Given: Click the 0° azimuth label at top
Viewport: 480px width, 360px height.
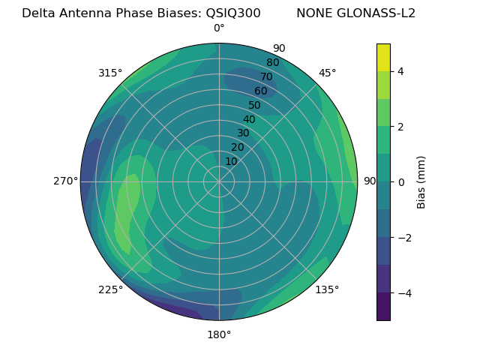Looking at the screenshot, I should (x=219, y=28).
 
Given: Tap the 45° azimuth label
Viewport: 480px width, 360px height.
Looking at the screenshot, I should (x=327, y=73).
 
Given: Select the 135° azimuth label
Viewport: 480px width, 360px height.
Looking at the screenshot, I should (x=327, y=289).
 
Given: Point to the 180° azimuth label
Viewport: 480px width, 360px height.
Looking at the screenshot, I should (x=219, y=334).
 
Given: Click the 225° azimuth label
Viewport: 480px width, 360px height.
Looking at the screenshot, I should (x=110, y=289).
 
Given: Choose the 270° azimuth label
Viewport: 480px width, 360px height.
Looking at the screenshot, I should (x=65, y=181).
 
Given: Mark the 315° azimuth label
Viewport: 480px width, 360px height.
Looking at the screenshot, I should (x=110, y=73).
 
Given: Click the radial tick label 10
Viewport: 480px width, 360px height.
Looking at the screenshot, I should (x=231, y=161).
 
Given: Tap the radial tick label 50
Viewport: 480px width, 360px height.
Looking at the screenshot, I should (x=254, y=105).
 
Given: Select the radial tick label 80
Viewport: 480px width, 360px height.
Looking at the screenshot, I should (x=272, y=62).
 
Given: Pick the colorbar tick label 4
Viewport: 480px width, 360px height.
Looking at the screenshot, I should (x=401, y=71).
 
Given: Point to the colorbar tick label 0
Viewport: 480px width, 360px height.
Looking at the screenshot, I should (x=401, y=181).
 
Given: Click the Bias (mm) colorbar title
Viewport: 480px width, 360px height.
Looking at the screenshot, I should (x=421, y=181).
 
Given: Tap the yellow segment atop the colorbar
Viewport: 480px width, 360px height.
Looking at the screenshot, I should (x=383, y=57).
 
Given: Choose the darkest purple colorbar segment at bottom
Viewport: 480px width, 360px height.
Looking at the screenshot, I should (x=383, y=306).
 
